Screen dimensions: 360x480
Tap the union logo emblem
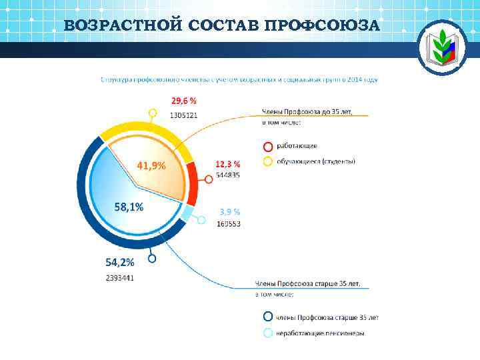point(439,48)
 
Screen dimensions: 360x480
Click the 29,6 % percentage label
point(184,101)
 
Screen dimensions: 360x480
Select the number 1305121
point(183,115)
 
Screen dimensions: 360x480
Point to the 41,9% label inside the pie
point(151,165)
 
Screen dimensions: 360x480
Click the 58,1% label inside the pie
point(129,207)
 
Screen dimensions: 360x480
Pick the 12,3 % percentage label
point(227,164)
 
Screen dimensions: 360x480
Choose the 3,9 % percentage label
point(229,212)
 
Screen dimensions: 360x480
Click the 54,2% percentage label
point(120,263)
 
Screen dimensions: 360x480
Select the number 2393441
point(120,277)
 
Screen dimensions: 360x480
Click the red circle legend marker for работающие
point(267,146)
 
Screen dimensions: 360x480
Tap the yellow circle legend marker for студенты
point(267,161)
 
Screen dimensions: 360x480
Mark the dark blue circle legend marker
point(267,317)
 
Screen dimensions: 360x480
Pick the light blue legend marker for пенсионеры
point(267,333)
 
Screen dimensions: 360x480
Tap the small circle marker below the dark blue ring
point(152,258)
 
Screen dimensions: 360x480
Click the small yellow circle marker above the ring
point(153,113)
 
